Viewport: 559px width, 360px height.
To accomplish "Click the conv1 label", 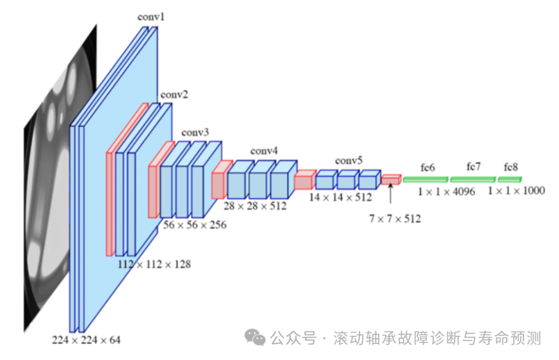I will tap(151, 17).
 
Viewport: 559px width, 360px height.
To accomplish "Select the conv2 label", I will tap(174, 95).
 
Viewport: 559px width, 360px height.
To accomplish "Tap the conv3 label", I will tap(195, 133).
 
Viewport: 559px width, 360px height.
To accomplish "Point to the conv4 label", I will tap(264, 151).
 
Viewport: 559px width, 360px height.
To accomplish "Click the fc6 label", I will tap(428, 167).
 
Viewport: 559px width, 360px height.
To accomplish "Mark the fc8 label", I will tap(510, 167).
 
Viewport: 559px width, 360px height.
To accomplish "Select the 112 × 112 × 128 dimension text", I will tap(154, 264).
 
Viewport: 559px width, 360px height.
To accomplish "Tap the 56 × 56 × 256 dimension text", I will tap(195, 225).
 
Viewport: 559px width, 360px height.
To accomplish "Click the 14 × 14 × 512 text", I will tap(340, 197).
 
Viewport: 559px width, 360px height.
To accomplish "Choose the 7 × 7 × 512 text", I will tap(395, 219).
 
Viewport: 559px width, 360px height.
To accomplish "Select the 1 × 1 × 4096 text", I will tap(447, 191).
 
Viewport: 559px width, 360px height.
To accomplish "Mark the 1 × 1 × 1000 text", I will tap(516, 191).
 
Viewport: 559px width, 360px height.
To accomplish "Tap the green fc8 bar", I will tap(510, 179).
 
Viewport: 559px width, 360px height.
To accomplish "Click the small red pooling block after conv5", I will tap(391, 179).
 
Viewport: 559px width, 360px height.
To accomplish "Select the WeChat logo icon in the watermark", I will tap(255, 338).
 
